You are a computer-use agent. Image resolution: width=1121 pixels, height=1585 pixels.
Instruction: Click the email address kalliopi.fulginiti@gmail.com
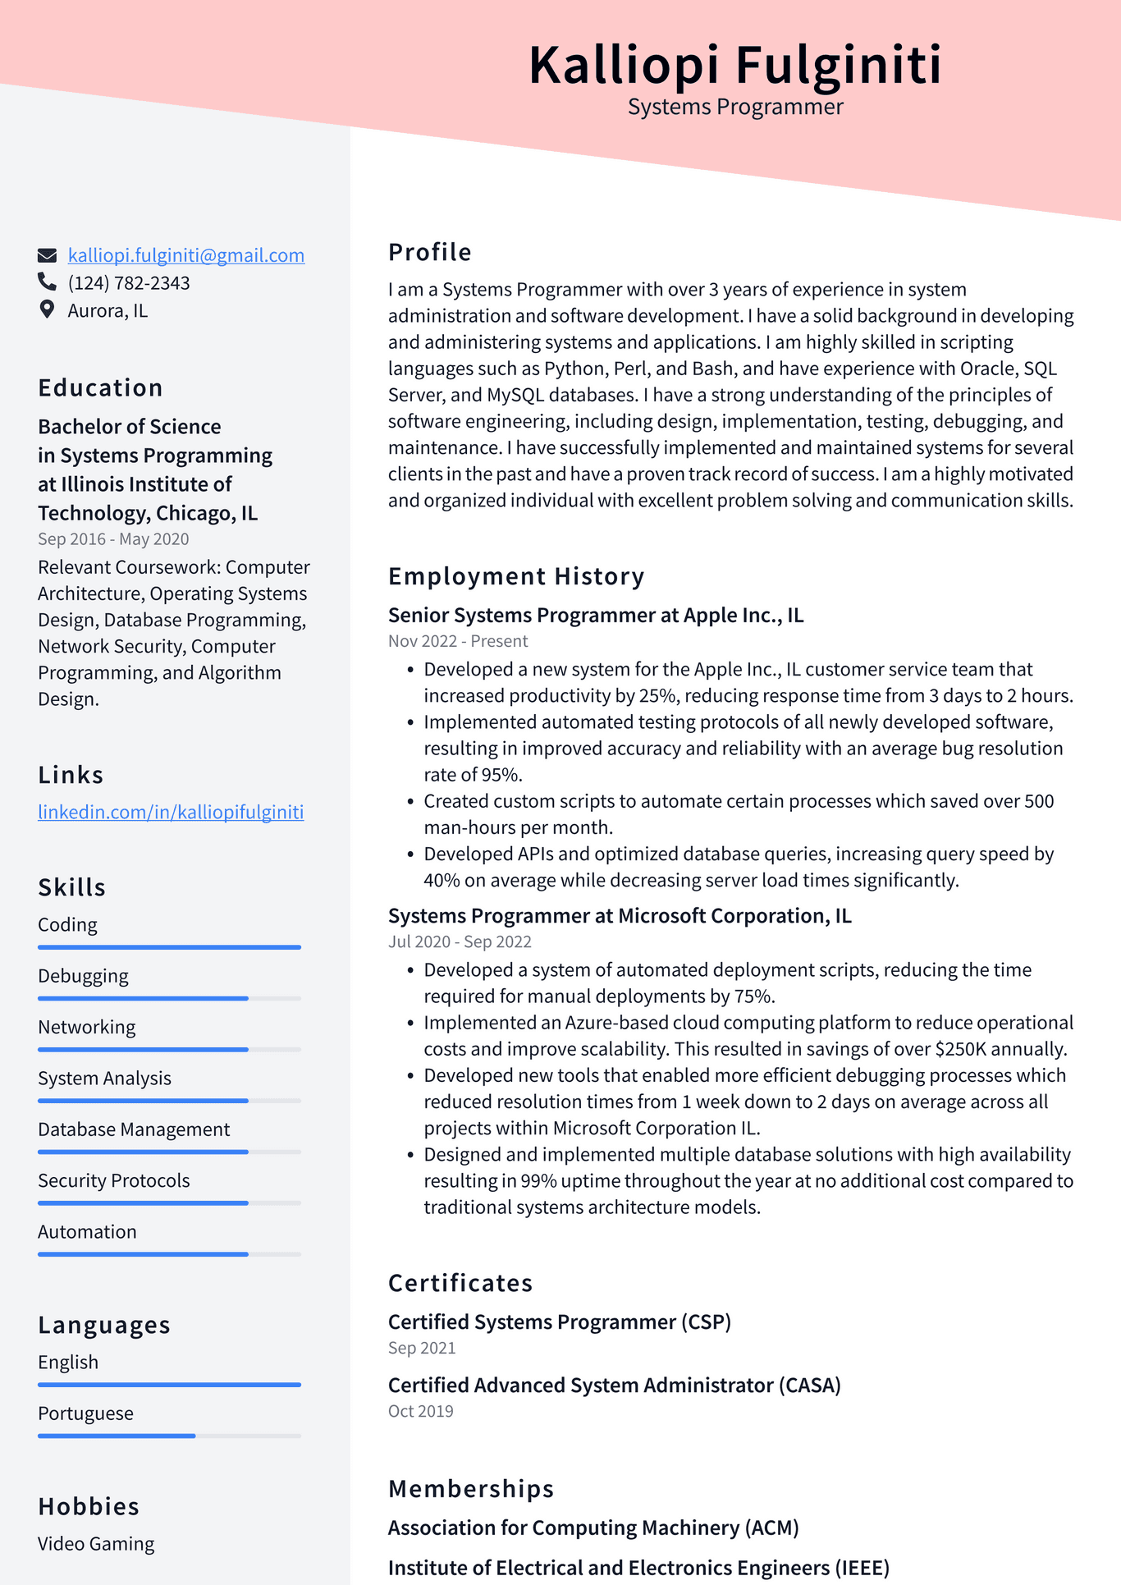click(x=185, y=255)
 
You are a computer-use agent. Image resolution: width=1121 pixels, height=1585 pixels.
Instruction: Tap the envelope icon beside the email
click(x=48, y=255)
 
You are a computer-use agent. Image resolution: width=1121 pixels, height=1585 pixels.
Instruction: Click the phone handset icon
click(x=47, y=282)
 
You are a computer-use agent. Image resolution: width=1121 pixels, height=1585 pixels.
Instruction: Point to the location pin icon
click(x=47, y=309)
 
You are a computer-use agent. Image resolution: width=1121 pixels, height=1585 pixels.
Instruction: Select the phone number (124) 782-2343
click(x=129, y=283)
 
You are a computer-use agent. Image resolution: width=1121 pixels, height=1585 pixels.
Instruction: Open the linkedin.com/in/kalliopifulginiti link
click(x=171, y=812)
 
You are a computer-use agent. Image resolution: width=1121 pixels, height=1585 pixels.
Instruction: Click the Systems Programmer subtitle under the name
click(x=734, y=108)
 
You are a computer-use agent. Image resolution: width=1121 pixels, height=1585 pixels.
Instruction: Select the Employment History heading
click(x=515, y=576)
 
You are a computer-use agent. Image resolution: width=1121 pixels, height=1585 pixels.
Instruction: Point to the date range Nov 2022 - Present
click(x=457, y=641)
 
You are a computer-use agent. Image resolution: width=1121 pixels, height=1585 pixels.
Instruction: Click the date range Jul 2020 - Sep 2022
click(x=460, y=941)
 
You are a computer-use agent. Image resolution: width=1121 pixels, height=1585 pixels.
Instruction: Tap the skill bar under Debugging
click(x=169, y=998)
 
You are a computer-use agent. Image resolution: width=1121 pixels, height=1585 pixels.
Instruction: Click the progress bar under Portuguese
click(x=169, y=1436)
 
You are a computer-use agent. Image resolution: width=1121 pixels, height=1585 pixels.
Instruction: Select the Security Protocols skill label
click(x=113, y=1180)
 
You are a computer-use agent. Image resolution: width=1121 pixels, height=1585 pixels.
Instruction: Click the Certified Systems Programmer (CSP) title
click(x=559, y=1322)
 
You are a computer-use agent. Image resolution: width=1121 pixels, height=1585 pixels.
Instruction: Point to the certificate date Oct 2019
click(x=420, y=1411)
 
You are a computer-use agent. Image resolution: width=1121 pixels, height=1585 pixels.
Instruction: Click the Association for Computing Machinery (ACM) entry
click(x=593, y=1528)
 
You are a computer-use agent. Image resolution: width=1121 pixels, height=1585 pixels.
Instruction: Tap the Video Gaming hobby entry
click(x=95, y=1544)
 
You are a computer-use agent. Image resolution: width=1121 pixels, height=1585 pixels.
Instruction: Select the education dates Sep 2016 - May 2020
click(x=113, y=539)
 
